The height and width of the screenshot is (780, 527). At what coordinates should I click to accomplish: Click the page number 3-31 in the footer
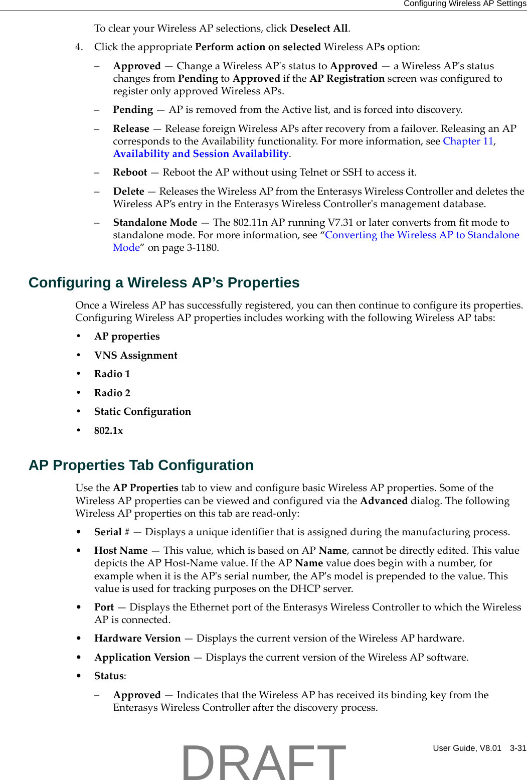tap(517, 748)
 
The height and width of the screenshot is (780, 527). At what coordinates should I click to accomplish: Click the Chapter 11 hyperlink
tap(468, 141)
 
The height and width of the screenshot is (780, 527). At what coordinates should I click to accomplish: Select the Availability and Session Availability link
tap(201, 154)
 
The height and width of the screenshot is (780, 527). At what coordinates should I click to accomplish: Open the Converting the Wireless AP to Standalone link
tap(422, 235)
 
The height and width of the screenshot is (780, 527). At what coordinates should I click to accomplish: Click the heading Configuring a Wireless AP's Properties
tap(163, 283)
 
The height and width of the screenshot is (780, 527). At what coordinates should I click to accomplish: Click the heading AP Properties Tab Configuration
tap(141, 465)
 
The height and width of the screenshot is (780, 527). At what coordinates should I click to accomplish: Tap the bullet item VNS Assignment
tap(135, 356)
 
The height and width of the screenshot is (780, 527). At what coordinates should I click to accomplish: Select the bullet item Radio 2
tap(112, 393)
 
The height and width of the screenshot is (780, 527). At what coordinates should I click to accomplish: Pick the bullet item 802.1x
tap(108, 431)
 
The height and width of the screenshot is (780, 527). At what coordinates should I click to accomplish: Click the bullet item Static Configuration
tap(142, 412)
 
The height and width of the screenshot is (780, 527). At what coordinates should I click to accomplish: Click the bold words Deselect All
tap(318, 29)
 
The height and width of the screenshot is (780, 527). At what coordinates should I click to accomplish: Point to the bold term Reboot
tap(130, 173)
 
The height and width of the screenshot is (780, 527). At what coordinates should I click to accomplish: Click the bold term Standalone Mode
tap(155, 223)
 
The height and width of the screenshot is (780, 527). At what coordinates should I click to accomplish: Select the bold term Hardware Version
tap(137, 639)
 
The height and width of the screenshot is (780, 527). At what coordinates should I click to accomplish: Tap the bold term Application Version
tap(142, 658)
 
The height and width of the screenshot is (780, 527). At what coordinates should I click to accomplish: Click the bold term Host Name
tap(121, 551)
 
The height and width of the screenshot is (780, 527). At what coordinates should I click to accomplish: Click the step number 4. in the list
tap(79, 47)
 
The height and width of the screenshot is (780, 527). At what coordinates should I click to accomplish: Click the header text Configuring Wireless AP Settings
tap(464, 4)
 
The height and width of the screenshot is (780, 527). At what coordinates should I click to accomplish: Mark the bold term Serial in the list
tap(108, 532)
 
